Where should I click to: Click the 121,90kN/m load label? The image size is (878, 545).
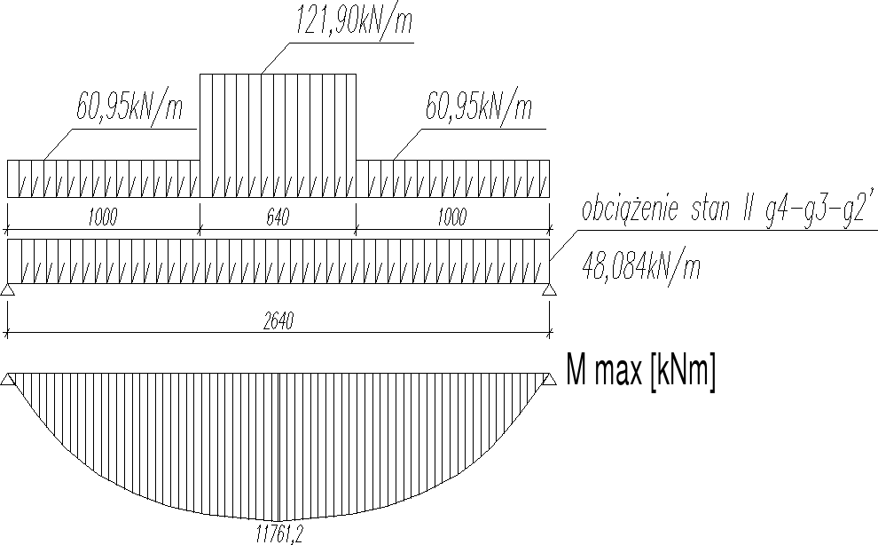pos(354,20)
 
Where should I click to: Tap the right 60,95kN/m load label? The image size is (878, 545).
pos(479,105)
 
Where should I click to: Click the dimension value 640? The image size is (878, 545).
pos(278,217)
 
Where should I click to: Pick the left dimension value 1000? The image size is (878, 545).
pos(103,217)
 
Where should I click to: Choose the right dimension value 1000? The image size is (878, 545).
pos(452,217)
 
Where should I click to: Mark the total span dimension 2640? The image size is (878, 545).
pos(278,321)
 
